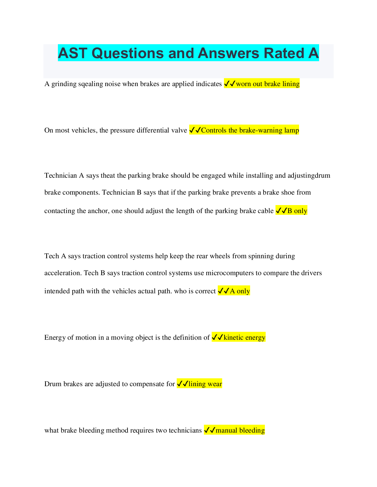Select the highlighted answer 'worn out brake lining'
pyautogui.click(x=268, y=84)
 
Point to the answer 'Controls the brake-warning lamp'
pyautogui.click(x=250, y=130)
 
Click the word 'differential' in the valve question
pyautogui.click(x=148, y=130)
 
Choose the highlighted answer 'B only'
pyautogui.click(x=297, y=211)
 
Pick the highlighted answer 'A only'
pyautogui.click(x=240, y=291)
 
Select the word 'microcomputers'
pyautogui.click(x=229, y=273)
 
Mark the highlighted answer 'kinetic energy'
pyautogui.click(x=244, y=338)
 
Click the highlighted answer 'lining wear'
pyautogui.click(x=205, y=384)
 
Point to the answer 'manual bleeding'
pyautogui.click(x=240, y=430)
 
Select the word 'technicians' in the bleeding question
pyautogui.click(x=185, y=430)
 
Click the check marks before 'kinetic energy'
pyautogui.click(x=217, y=338)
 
